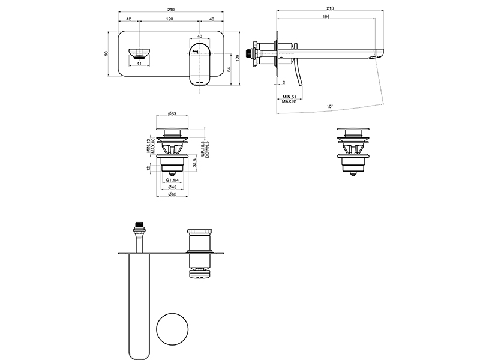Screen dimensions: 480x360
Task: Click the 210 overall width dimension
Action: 171,10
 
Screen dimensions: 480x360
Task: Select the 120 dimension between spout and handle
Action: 169,19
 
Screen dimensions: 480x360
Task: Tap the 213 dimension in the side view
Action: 330,8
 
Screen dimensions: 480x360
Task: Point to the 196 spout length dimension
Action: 326,17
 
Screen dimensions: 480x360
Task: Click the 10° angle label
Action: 329,107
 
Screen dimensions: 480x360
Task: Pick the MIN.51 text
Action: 289,97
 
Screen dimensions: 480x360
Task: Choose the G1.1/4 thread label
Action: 172,180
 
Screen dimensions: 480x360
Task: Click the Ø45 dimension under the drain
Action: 172,187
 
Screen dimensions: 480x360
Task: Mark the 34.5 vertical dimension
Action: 195,163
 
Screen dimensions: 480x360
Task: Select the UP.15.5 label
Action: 203,149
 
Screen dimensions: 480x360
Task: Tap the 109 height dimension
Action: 238,58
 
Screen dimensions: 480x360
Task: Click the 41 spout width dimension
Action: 139,64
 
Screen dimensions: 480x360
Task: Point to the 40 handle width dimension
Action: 200,37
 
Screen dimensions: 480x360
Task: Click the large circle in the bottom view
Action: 172,329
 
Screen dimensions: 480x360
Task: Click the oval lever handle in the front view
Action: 200,65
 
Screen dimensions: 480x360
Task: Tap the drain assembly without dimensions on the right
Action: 353,152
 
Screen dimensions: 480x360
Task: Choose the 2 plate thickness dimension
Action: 284,83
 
